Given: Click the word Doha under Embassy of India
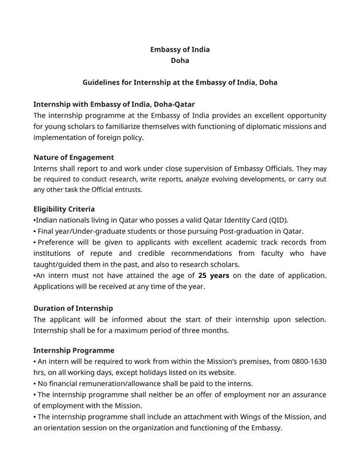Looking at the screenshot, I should click(x=180, y=60).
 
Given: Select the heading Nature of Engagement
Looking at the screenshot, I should click(x=74, y=157).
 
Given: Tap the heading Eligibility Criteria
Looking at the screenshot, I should click(x=64, y=209).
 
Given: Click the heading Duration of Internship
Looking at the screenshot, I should click(x=73, y=308).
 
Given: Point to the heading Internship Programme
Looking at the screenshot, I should click(x=74, y=350).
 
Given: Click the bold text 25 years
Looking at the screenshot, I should click(x=214, y=275).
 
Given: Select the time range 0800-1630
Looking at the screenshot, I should click(x=310, y=362).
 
